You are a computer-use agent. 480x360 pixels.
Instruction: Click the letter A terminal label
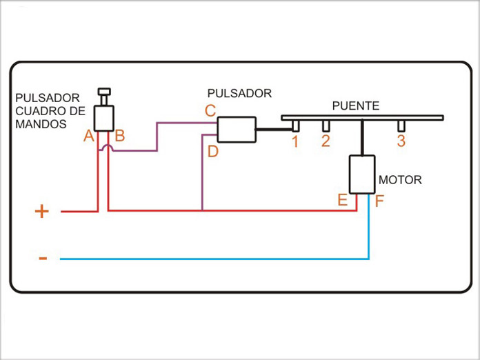coord(88,137)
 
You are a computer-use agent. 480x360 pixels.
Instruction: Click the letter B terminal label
coord(119,136)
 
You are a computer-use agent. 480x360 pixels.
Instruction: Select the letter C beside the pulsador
coord(210,110)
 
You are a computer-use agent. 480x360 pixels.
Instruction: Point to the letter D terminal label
coord(212,152)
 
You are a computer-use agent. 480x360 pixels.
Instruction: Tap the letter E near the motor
coord(342,201)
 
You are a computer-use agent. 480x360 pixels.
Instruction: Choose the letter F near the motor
coord(380,202)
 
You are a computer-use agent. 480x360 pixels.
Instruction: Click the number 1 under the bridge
coord(294,143)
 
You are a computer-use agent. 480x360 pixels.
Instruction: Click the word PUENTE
coord(355,106)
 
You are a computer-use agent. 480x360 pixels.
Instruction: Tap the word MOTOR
coord(400,180)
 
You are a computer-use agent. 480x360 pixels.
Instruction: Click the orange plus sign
coord(42,211)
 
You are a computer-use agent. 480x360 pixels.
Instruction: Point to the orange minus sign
coord(43,259)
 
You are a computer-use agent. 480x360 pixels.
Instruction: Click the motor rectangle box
coord(361,174)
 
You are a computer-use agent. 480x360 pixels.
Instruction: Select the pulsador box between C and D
coord(237,130)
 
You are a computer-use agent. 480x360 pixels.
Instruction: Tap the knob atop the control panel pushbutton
coord(104,92)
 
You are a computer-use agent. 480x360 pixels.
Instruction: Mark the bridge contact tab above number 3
coord(401,126)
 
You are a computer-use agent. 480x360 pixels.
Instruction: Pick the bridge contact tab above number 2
coord(326,126)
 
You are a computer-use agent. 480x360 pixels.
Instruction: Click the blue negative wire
coord(207,259)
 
